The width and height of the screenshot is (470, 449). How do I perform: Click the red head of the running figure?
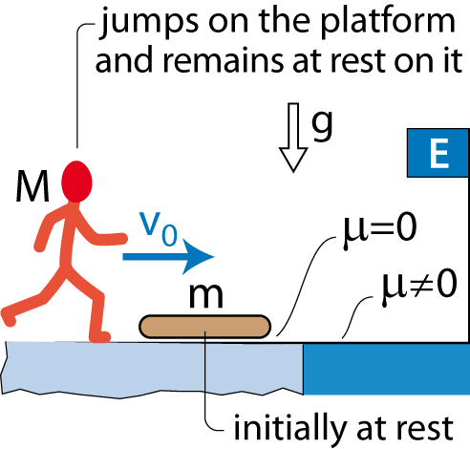tap(76, 182)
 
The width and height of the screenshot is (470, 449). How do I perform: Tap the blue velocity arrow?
tap(168, 257)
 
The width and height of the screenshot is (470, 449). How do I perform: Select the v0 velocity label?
tap(159, 228)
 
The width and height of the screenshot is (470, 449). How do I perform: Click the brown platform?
tap(205, 327)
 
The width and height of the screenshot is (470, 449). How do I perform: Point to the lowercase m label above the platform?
tap(206, 295)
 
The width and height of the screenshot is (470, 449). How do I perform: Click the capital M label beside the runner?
tap(32, 186)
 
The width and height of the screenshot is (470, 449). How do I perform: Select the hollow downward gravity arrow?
tap(293, 138)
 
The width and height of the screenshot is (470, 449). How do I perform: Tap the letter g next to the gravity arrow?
tap(322, 126)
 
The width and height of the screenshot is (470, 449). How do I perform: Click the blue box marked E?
tap(438, 153)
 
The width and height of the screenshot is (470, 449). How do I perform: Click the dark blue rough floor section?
tap(387, 369)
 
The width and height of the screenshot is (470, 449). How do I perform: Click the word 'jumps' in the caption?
tap(149, 23)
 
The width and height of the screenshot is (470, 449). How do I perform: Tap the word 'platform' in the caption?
tap(388, 23)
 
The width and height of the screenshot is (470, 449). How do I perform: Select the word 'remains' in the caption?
tap(223, 60)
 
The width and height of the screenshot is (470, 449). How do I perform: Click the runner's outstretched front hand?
tap(120, 238)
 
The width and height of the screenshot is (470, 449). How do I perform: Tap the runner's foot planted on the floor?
tap(100, 337)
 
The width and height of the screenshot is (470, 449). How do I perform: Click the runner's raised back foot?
tap(9, 317)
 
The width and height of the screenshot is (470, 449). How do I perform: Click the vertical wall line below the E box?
tap(468, 260)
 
